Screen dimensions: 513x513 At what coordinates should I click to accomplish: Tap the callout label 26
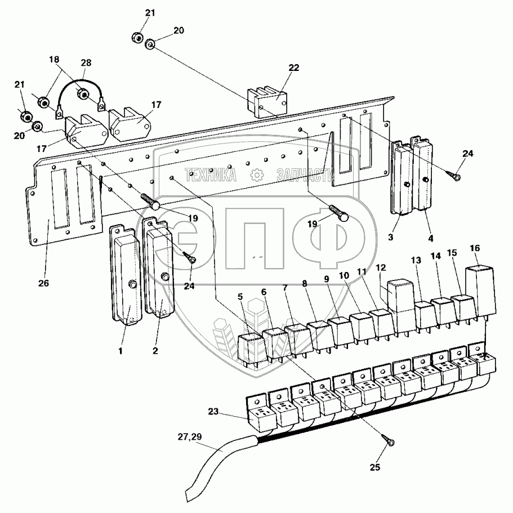pos(43,283)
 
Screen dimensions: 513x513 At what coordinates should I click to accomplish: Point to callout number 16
pos(475,248)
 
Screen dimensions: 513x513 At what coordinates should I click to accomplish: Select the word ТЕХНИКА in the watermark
pos(211,176)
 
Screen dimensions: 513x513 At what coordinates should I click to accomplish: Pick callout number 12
pos(381,267)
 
